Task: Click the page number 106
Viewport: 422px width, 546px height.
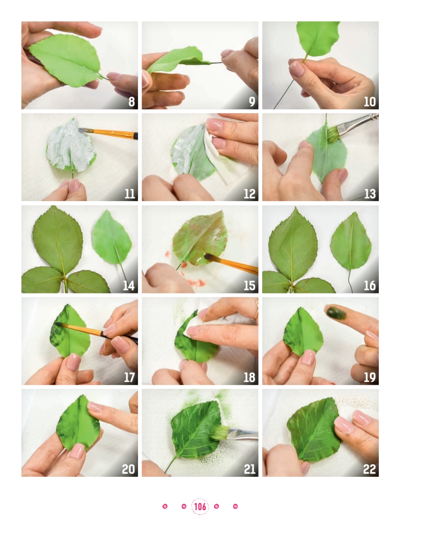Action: tap(200, 506)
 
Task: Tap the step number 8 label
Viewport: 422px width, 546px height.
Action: tap(132, 102)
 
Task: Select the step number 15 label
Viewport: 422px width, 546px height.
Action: tap(249, 286)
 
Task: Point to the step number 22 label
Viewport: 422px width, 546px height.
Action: tap(369, 469)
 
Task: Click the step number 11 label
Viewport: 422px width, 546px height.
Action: tap(130, 194)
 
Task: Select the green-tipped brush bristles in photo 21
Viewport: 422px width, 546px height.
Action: tap(219, 432)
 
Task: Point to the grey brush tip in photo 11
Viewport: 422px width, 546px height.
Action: tap(82, 130)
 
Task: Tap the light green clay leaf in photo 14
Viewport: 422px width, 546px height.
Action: tap(112, 238)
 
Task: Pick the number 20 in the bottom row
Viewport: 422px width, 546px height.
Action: tap(128, 469)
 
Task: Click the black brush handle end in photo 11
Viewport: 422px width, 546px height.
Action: tap(136, 136)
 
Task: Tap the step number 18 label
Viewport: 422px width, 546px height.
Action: tap(249, 377)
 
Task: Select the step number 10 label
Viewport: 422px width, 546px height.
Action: tap(370, 102)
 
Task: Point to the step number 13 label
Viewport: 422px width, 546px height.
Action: tap(370, 194)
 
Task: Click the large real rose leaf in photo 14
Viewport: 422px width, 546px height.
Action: tap(58, 239)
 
